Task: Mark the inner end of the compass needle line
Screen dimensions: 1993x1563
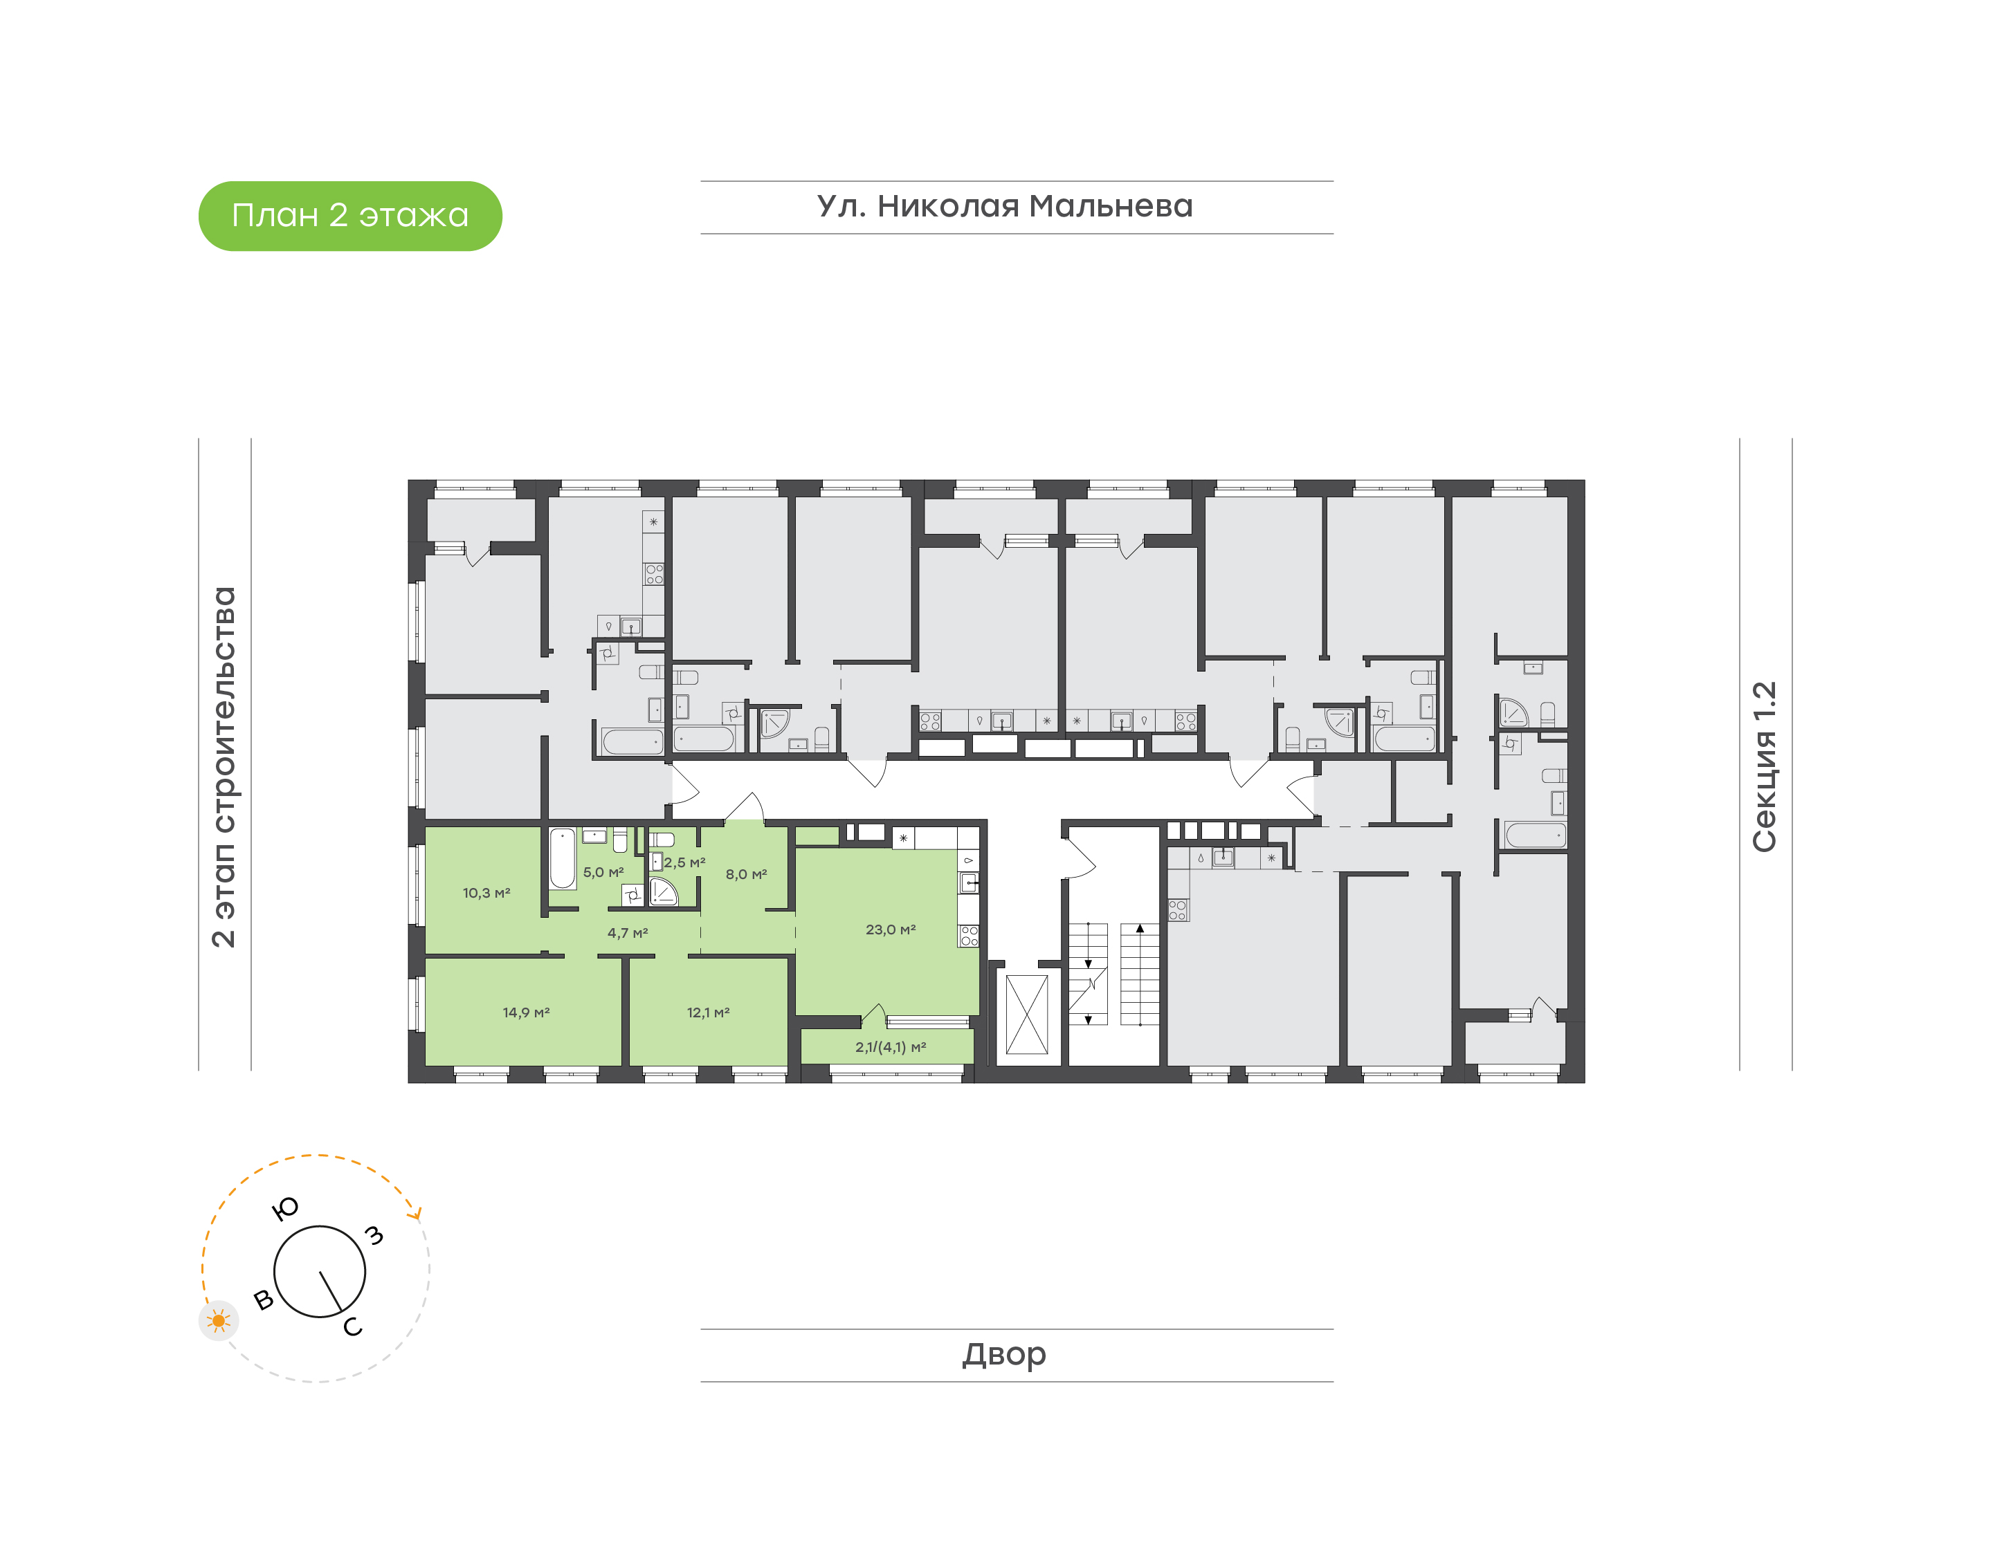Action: [x=320, y=1272]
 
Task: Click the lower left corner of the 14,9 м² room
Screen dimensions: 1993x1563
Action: [x=426, y=1064]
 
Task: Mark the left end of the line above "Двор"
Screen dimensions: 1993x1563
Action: [x=701, y=1329]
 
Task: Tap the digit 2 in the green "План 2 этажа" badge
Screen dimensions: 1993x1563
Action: [x=338, y=216]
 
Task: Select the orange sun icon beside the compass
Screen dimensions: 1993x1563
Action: [x=219, y=1320]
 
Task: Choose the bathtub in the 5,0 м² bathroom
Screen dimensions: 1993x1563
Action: [x=562, y=858]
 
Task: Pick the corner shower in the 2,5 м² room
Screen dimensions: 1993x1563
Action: [x=663, y=891]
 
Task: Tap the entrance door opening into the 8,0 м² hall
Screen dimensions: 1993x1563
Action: [x=745, y=807]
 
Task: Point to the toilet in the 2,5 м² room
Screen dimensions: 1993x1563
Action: [x=662, y=839]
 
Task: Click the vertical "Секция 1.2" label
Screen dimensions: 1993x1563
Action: [x=1764, y=767]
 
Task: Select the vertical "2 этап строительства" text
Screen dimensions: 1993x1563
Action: [x=224, y=767]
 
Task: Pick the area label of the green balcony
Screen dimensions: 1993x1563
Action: [x=890, y=1048]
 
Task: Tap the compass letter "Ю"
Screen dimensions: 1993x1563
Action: [x=286, y=1209]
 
